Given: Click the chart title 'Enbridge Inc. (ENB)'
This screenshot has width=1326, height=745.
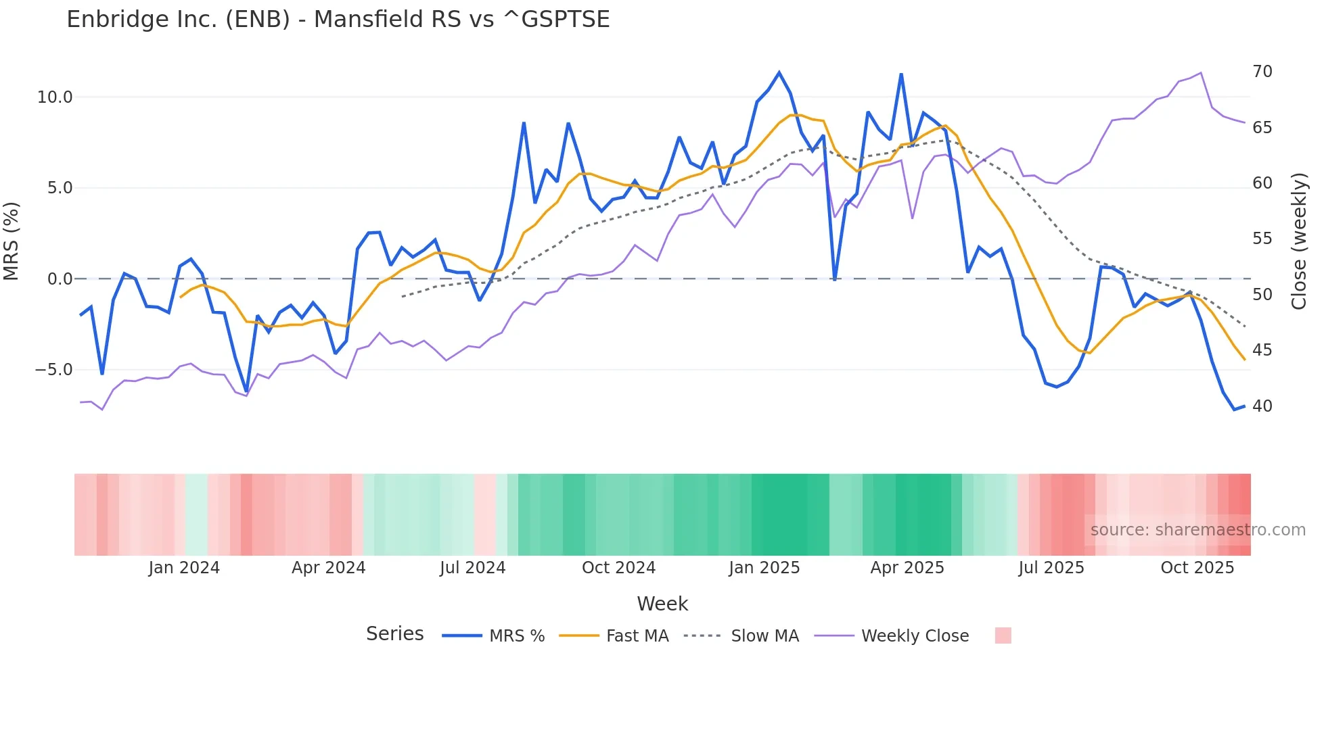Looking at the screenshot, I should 338,20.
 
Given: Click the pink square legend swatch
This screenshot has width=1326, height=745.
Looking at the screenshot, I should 1003,635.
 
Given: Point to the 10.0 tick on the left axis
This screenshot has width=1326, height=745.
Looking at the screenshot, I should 55,97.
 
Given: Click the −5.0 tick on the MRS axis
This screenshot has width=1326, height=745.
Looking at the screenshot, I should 53,370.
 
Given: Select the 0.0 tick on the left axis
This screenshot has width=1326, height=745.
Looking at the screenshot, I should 60,279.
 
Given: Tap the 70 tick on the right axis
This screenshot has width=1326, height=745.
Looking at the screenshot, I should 1262,72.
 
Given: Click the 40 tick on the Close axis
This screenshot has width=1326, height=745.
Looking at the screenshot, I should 1262,406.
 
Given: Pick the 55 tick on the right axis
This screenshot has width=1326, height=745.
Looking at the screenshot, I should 1262,239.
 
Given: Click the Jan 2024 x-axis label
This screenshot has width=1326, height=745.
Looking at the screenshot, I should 184,568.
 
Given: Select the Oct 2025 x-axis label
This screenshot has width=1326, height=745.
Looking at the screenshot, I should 1197,568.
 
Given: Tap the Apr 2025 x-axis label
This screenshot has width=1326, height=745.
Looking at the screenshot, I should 907,568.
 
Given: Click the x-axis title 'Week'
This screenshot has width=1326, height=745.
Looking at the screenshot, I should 662,604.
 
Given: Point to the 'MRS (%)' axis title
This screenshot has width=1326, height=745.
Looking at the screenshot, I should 12,241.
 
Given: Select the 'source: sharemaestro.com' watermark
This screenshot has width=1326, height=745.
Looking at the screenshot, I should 1197,530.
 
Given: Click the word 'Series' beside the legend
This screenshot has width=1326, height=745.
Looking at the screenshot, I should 395,634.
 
